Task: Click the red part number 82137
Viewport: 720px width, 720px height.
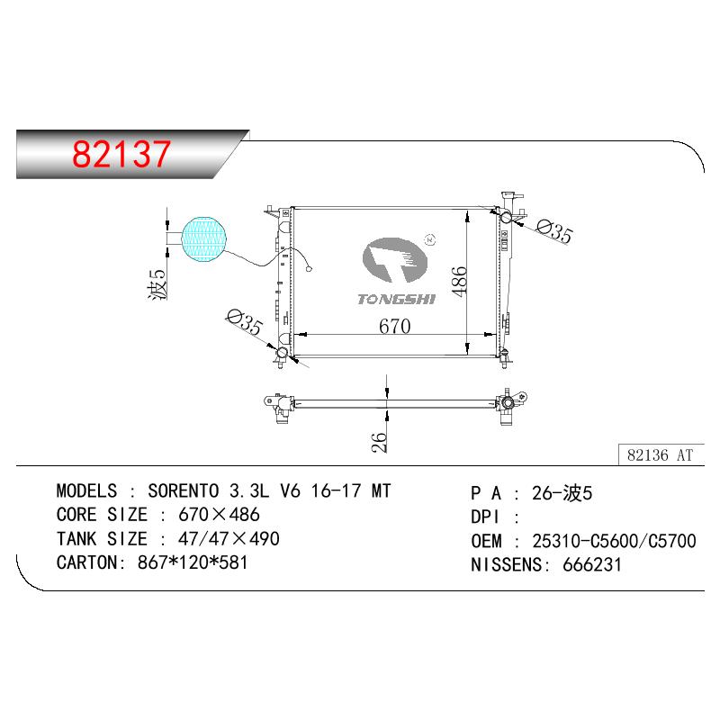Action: point(121,154)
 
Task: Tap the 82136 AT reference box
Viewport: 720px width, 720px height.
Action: point(661,454)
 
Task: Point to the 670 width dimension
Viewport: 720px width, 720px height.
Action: point(394,326)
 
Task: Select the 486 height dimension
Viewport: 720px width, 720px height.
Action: point(459,281)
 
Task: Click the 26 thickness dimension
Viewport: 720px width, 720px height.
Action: point(379,443)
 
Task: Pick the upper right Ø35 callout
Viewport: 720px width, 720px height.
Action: point(554,231)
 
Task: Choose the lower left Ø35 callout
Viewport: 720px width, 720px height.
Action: point(244,322)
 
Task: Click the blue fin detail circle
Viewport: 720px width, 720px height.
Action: point(204,238)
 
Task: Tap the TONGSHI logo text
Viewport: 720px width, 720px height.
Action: point(396,300)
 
